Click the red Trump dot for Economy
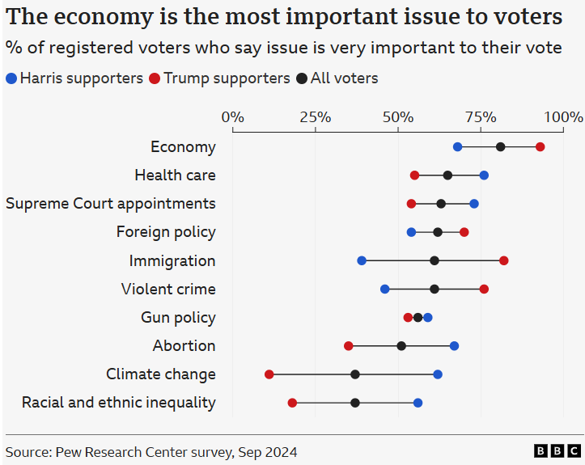pos(540,146)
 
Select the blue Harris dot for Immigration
pos(362,260)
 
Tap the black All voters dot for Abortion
pos(401,346)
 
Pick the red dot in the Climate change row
pos(269,374)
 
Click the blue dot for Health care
pos(484,175)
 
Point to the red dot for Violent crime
pos(484,289)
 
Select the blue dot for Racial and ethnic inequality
pos(418,403)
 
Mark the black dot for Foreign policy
pos(438,232)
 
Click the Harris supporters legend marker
pos(11,78)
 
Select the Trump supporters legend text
pos(227,78)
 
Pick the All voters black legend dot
pos(302,78)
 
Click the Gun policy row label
pos(178,317)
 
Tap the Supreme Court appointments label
pos(111,203)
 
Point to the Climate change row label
pos(161,374)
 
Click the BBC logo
pos(557,451)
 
